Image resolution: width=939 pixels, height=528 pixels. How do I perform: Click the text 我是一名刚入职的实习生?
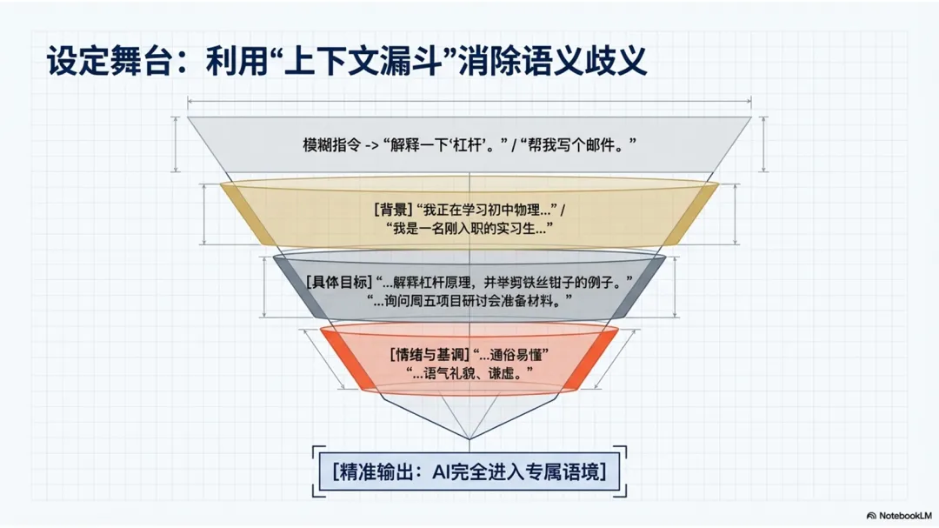click(x=470, y=228)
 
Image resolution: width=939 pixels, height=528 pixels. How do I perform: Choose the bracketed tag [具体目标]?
click(x=338, y=283)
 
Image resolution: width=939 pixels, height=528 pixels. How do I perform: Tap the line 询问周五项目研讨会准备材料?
click(x=470, y=301)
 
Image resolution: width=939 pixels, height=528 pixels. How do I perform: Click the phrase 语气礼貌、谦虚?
click(x=470, y=372)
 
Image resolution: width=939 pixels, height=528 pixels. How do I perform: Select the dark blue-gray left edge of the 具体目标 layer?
click(x=298, y=287)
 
